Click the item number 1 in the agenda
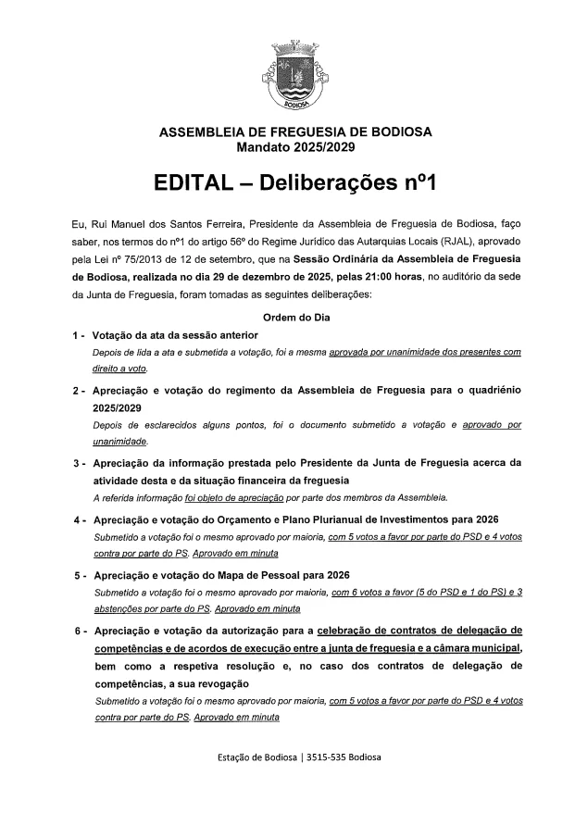74,335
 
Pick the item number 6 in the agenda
74,632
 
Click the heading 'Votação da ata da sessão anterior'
175,335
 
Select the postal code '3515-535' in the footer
318,757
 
